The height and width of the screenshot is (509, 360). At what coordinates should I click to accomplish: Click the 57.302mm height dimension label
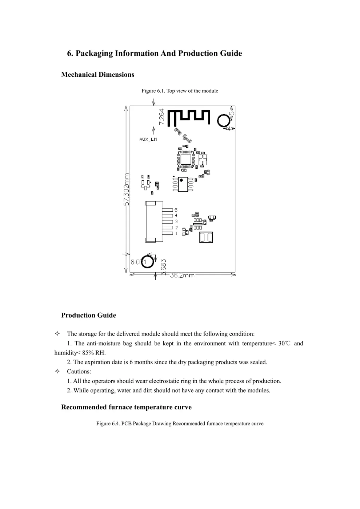coord(126,189)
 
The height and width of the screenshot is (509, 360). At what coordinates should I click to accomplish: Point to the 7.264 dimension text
coord(161,117)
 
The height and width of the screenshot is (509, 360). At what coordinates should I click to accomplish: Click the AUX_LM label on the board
coord(148,139)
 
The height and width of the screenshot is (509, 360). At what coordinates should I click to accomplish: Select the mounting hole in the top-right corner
coord(223,121)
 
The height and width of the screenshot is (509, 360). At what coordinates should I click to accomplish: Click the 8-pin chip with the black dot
coord(183,184)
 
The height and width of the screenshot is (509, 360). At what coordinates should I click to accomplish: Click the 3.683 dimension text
coord(164,267)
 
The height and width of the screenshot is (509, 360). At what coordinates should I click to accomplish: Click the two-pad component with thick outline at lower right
coord(206,237)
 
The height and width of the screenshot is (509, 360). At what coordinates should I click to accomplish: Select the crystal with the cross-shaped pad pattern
coord(202,159)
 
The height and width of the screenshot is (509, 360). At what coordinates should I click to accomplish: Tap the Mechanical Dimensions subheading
coord(97,75)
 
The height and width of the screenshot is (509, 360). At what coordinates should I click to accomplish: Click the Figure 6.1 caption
coord(180,91)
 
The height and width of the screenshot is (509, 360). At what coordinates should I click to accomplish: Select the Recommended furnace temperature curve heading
coord(126,407)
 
